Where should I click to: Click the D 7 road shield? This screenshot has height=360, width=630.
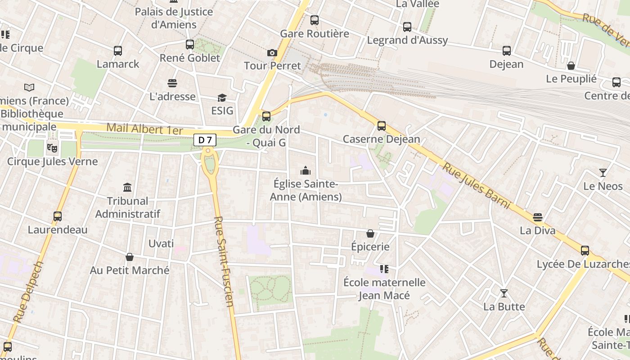205,140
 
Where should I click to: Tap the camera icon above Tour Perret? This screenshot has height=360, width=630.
272,53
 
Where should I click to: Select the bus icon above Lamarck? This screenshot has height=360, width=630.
118,51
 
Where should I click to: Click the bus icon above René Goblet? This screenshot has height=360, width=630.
190,45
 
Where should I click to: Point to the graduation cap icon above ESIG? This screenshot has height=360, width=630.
222,98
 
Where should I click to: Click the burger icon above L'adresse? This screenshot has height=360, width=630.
172,83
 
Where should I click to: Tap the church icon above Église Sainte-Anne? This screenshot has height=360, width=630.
306,171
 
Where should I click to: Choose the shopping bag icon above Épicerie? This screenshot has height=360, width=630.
370,234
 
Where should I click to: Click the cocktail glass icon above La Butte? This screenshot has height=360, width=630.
504,293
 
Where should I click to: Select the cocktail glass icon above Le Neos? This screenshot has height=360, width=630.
603,173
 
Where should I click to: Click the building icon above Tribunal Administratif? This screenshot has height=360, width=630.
127,187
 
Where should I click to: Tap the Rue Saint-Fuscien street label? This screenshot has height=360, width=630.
224,261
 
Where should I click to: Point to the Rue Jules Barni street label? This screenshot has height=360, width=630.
477,186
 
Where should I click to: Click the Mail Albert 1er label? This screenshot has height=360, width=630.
144,130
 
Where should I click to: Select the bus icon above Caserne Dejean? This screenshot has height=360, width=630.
382,126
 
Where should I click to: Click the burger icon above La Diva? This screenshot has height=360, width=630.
537,218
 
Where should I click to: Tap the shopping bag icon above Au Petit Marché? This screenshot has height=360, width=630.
130,257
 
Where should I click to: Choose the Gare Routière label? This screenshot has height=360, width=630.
315,34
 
